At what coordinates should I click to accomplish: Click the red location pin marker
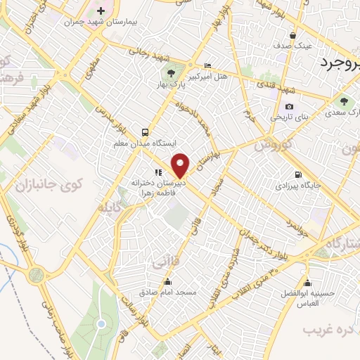tap(181, 165)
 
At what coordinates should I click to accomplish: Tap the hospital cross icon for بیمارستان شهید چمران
tap(101, 11)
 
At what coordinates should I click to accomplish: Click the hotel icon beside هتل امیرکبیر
tap(206, 64)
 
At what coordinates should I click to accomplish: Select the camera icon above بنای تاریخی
tap(290, 107)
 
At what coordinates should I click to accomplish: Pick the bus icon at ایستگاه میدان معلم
tap(145, 131)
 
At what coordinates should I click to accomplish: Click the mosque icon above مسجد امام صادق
tap(167, 281)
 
